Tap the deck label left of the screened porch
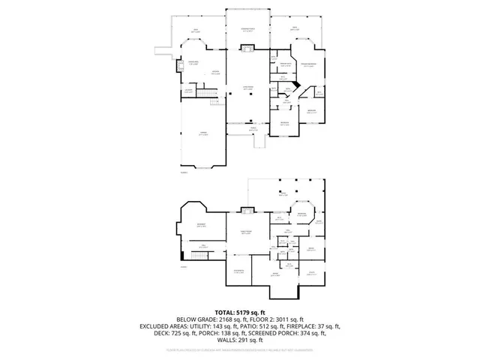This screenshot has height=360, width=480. pyautogui.click(x=195, y=31)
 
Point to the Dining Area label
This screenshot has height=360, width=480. pyautogui.click(x=193, y=62)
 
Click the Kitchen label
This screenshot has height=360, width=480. pyautogui.click(x=214, y=73)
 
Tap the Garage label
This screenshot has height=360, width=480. pyautogui.click(x=202, y=133)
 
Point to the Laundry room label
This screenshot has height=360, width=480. pyautogui.click(x=189, y=91)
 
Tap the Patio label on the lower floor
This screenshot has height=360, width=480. pyautogui.click(x=283, y=195)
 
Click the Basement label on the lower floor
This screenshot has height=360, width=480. pyautogui.click(x=201, y=225)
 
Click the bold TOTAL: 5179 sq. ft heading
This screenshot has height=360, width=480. pyautogui.click(x=240, y=311)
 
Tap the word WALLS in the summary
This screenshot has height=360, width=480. pyautogui.click(x=224, y=341)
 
